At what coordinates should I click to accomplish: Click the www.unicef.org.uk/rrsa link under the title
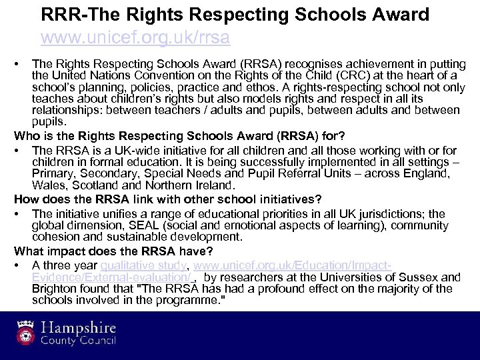point(135,37)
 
